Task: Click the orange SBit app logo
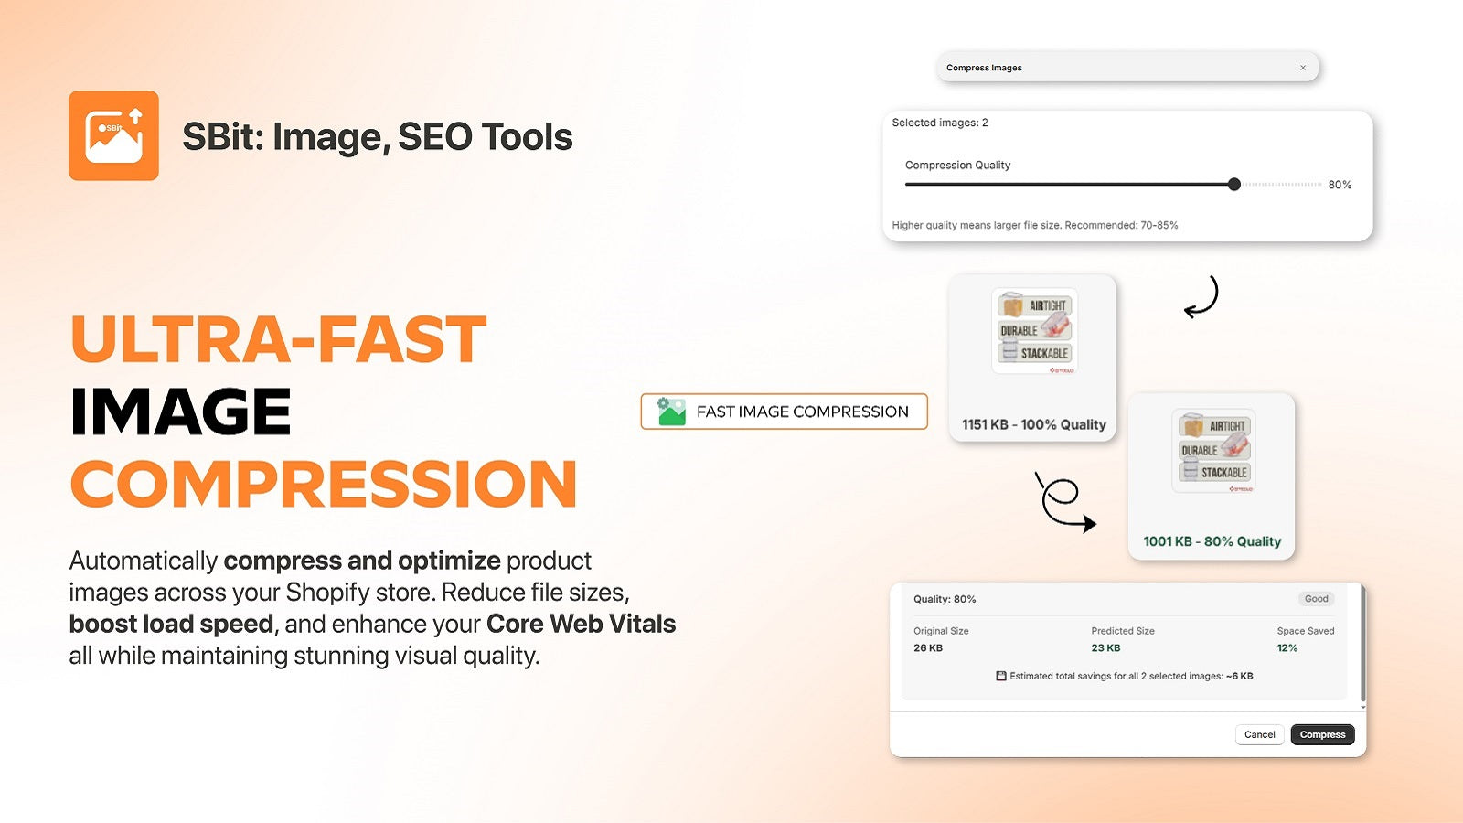pyautogui.click(x=113, y=135)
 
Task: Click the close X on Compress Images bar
pyautogui.click(x=1303, y=68)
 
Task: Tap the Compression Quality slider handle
pyautogui.click(x=1234, y=185)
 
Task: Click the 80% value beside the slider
pyautogui.click(x=1340, y=185)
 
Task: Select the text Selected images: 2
pyautogui.click(x=940, y=123)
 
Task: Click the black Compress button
pyautogui.click(x=1322, y=734)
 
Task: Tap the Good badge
pyautogui.click(x=1316, y=599)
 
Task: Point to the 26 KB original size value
pyautogui.click(x=928, y=647)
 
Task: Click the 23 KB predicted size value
pyautogui.click(x=1105, y=647)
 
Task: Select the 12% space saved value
pyautogui.click(x=1287, y=647)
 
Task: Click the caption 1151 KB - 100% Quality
pyautogui.click(x=1033, y=424)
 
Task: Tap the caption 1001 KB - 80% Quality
pyautogui.click(x=1212, y=541)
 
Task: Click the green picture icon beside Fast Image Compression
pyautogui.click(x=672, y=411)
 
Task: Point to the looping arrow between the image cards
pyautogui.click(x=1063, y=502)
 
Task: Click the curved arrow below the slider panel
pyautogui.click(x=1202, y=297)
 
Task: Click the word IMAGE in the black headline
pyautogui.click(x=181, y=411)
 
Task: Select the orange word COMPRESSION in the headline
pyautogui.click(x=324, y=484)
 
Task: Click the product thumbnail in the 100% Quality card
pyautogui.click(x=1034, y=331)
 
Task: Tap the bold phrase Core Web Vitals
pyautogui.click(x=581, y=624)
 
